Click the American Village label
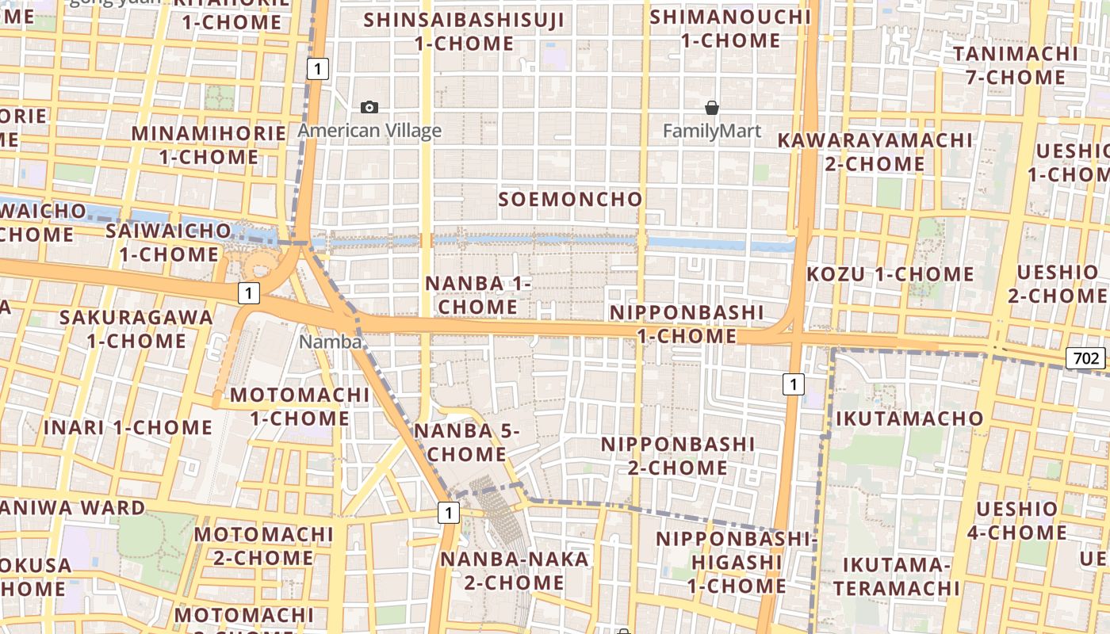tap(369, 131)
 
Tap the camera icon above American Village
tap(369, 107)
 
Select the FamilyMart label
tap(712, 131)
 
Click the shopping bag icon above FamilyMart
tap(712, 108)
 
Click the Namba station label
tap(331, 342)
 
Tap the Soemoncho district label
tap(570, 199)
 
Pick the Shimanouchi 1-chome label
tap(730, 29)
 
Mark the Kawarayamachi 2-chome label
tap(875, 152)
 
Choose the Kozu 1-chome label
tap(890, 275)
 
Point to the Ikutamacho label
tap(909, 418)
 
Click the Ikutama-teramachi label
tap(896, 577)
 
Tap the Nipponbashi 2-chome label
tap(678, 456)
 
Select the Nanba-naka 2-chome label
tap(515, 571)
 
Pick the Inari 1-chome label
tap(128, 428)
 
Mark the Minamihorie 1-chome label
tap(209, 145)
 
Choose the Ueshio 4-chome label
tap(1016, 521)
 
